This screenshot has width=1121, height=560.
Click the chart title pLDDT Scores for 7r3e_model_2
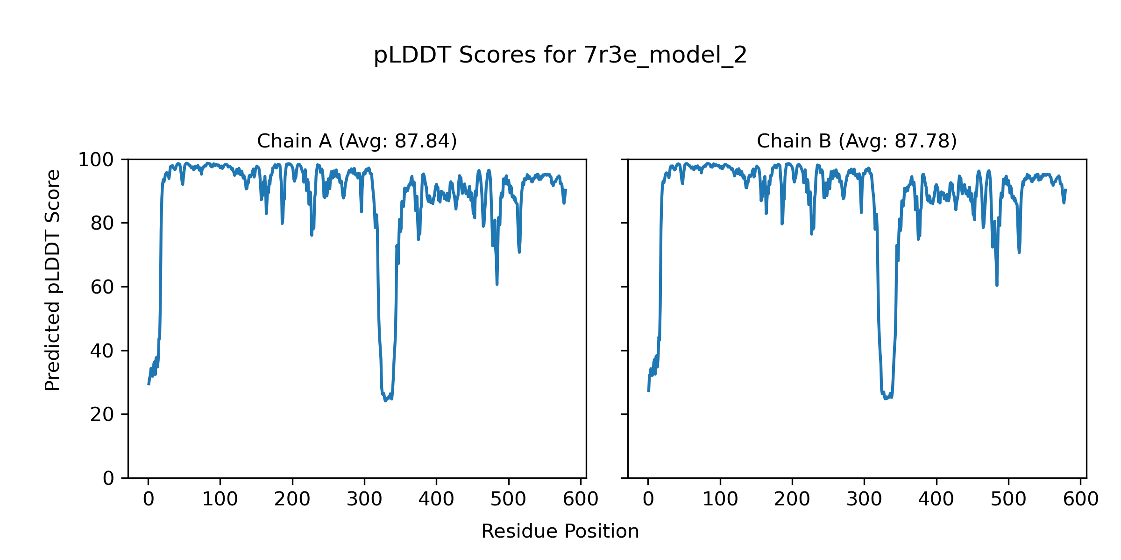[x=560, y=56]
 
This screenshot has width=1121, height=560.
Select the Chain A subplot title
[x=357, y=141]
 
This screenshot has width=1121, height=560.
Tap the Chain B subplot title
[x=857, y=141]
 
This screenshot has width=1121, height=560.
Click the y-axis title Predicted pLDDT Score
[x=53, y=280]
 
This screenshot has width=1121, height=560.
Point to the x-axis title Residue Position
[x=560, y=532]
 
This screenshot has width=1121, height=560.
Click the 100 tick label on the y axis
[x=96, y=160]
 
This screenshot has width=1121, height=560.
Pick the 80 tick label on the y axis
[x=102, y=224]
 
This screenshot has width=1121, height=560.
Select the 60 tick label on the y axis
[x=102, y=287]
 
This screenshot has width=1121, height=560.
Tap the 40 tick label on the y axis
[x=102, y=351]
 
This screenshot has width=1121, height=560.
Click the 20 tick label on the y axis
[x=102, y=414]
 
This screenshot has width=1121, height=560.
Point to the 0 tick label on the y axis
[x=108, y=478]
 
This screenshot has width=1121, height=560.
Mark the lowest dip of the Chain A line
[x=385, y=401]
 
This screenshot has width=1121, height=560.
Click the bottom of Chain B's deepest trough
[x=885, y=399]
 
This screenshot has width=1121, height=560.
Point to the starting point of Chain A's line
[x=149, y=384]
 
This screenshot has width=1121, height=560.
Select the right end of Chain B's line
[x=1066, y=190]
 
